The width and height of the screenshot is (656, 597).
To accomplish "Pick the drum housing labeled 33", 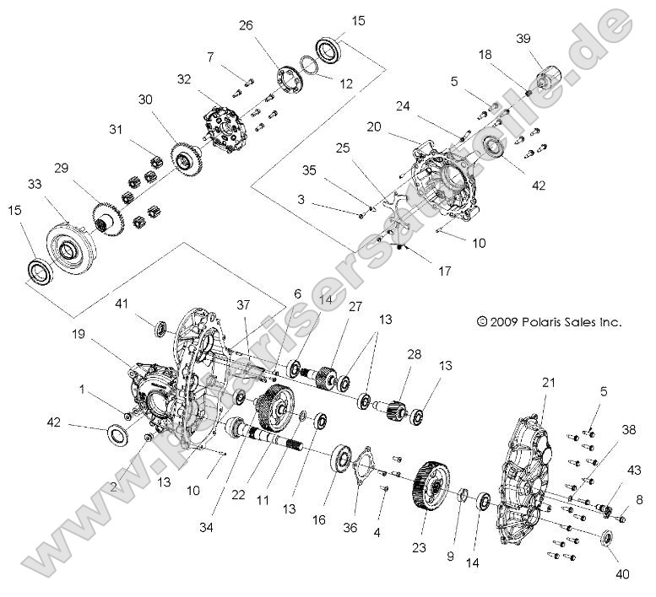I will pyautogui.click(x=67, y=250).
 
